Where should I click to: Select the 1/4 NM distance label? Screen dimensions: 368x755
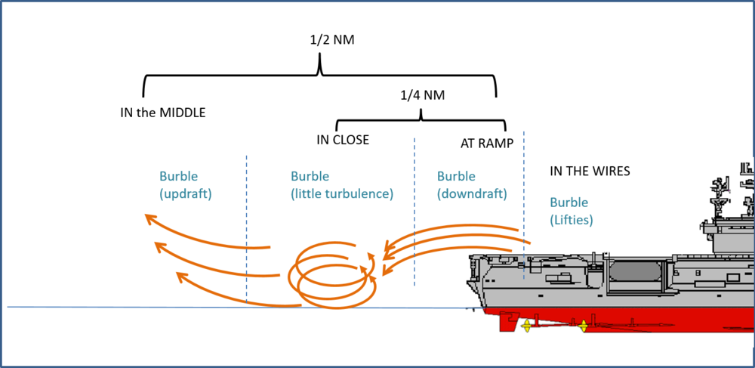pos(424,96)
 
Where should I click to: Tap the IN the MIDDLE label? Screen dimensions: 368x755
pos(163,113)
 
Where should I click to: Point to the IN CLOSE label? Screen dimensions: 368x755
pos(343,140)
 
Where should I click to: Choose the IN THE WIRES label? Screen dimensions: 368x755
pos(590,172)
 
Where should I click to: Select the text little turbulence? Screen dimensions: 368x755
pos(342,193)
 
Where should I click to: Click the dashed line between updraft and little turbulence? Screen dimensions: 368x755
pos(247,227)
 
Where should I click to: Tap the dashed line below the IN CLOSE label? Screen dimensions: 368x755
pos(414,212)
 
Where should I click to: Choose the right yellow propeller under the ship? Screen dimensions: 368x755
pos(583,326)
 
